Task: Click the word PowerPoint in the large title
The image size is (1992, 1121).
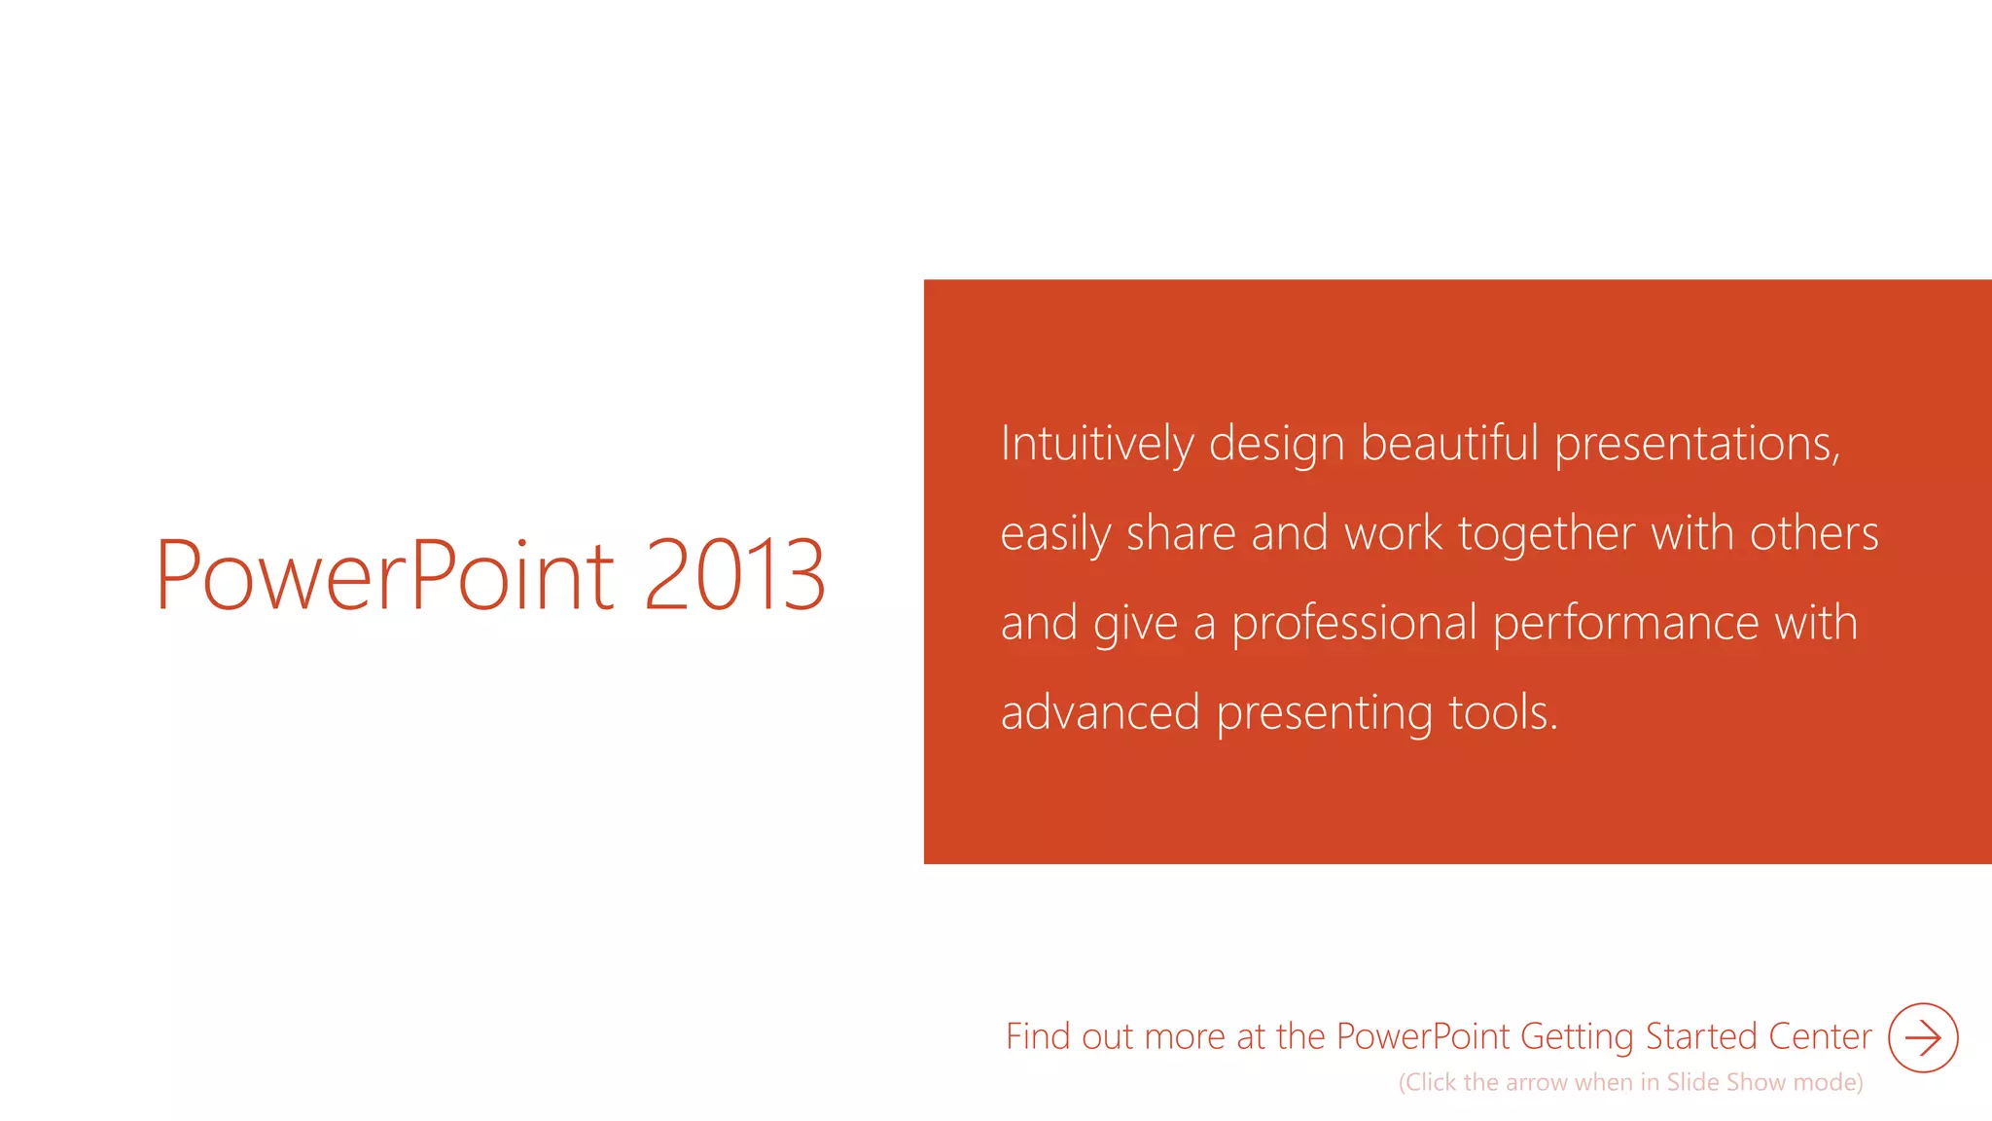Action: [x=384, y=576]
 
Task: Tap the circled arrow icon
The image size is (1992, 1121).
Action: [x=1923, y=1037]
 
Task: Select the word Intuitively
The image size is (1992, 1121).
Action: [x=1096, y=445]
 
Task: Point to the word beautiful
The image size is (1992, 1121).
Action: [x=1449, y=444]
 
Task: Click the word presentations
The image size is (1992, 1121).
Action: [x=1696, y=446]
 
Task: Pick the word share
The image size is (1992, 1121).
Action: [x=1180, y=533]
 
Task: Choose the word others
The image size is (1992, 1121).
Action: [x=1814, y=533]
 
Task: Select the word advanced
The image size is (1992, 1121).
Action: [x=1100, y=712]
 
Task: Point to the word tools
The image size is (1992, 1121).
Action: [x=1503, y=712]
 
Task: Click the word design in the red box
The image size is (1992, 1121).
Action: [x=1276, y=446]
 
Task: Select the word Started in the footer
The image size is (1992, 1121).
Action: [x=1701, y=1037]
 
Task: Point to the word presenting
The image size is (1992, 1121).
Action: [x=1324, y=714]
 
